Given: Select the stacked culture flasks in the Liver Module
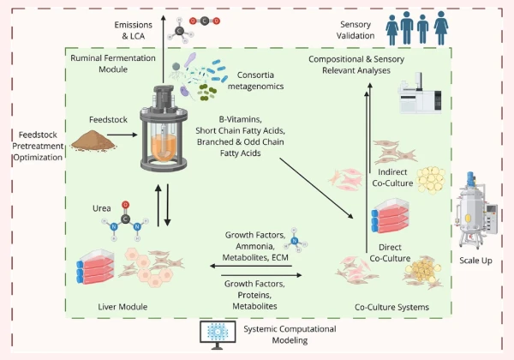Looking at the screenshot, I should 96,266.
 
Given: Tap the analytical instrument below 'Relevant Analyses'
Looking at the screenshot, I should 417,97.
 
